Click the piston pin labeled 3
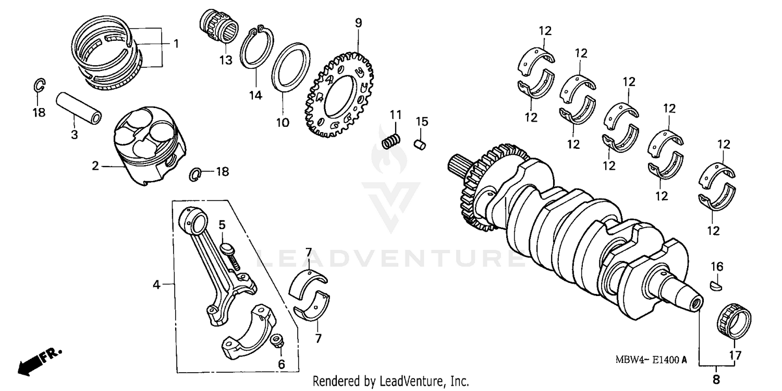point(79,108)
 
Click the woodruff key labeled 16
point(717,285)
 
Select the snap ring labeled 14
point(256,48)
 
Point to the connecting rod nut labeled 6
point(278,341)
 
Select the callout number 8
point(716,379)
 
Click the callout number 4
point(156,285)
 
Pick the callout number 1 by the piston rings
point(176,43)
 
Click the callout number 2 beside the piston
point(95,166)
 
